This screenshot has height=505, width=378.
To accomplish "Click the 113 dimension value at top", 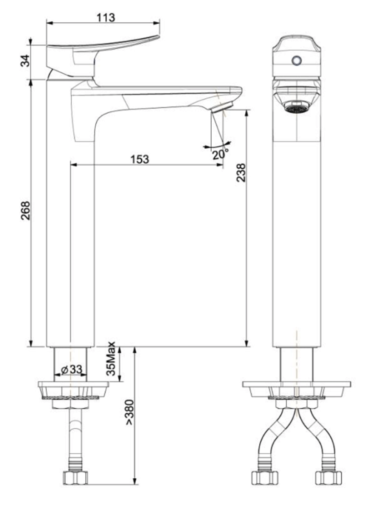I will (105, 17).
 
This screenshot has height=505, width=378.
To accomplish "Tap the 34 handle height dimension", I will (25, 60).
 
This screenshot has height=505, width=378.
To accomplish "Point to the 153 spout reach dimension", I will (140, 159).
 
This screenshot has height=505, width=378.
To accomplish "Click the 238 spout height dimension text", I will (241, 172).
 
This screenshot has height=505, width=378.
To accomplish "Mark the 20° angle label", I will (220, 154).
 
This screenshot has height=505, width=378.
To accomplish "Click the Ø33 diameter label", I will (71, 370).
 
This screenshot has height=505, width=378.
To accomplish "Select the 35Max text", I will (111, 359).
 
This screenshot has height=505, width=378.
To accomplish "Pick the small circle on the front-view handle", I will (297, 60).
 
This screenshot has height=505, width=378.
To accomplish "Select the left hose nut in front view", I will (265, 477).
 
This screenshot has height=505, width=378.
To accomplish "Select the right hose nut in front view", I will (328, 477).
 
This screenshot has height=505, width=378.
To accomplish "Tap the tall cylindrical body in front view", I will (297, 242).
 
